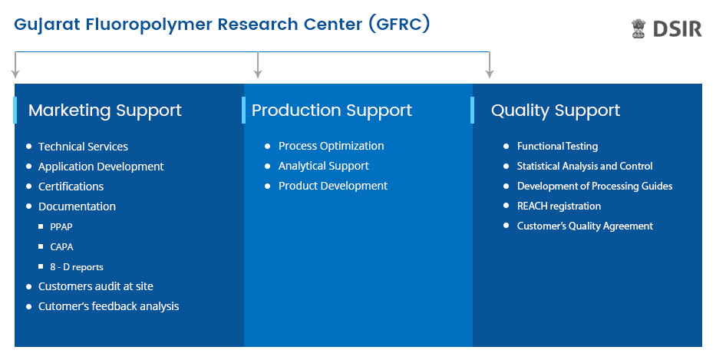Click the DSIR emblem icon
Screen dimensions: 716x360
pyautogui.click(x=638, y=28)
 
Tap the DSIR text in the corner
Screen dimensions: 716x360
pyautogui.click(x=677, y=28)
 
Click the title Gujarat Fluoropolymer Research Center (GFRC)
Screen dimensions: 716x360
pyautogui.click(x=222, y=24)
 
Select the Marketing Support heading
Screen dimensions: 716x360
pyautogui.click(x=105, y=111)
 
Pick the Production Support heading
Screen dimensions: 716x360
pyautogui.click(x=332, y=111)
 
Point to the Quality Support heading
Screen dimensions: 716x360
pyautogui.click(x=556, y=111)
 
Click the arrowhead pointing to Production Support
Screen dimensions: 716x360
pyautogui.click(x=258, y=74)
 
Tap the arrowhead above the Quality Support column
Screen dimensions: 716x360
pyautogui.click(x=490, y=74)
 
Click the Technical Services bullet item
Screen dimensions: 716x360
pyautogui.click(x=83, y=147)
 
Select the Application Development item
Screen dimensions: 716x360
pyautogui.click(x=101, y=167)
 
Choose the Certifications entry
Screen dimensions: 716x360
pyautogui.click(x=71, y=187)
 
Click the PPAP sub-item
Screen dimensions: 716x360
pyautogui.click(x=61, y=226)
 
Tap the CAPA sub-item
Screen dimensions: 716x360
pyautogui.click(x=61, y=246)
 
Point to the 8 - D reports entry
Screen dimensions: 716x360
pyautogui.click(x=77, y=267)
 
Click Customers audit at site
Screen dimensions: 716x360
pyautogui.click(x=96, y=286)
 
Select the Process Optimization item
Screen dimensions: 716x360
pyautogui.click(x=331, y=146)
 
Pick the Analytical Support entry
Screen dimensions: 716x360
pyautogui.click(x=323, y=167)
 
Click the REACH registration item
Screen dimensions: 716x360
pyautogui.click(x=559, y=206)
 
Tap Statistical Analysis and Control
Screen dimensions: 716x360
pyautogui.click(x=585, y=167)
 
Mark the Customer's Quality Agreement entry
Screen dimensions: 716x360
pyautogui.click(x=585, y=226)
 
